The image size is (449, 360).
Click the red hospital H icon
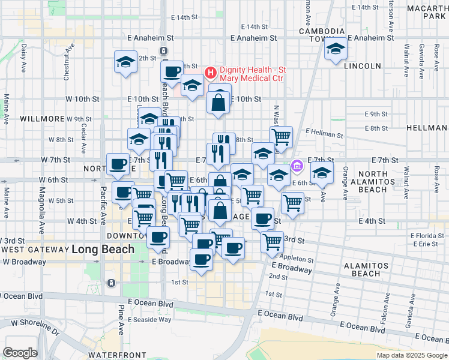coord(210,73)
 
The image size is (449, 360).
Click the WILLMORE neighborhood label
coord(42,119)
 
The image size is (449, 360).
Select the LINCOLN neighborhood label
coord(363,66)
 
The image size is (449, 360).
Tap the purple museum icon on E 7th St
coord(296,165)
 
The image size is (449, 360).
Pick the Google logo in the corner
coord(20,353)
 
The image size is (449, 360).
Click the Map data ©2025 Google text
coord(411,355)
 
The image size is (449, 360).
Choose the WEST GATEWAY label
coord(34,249)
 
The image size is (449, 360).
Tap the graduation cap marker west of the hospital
coord(126,62)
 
